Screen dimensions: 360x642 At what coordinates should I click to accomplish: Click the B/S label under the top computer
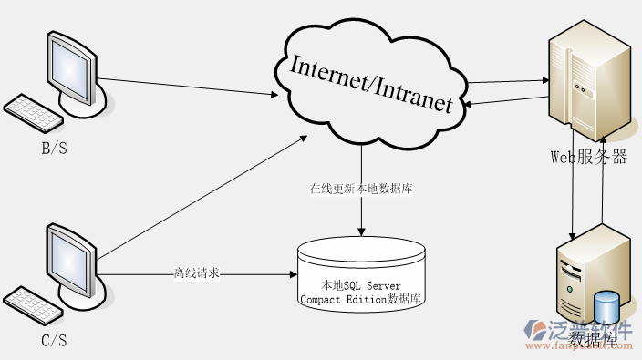coord(55,147)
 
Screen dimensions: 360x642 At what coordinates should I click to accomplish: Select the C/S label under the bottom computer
coord(55,341)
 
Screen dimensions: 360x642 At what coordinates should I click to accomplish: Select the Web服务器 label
coord(588,157)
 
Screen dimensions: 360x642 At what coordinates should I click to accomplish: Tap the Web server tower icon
coord(588,82)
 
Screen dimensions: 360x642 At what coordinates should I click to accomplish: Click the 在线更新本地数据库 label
coord(362,190)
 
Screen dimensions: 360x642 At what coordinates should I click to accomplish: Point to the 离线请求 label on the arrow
coord(196,273)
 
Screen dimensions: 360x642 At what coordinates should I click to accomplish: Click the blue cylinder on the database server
coord(606,308)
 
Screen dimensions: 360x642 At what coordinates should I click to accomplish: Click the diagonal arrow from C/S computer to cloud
coord(201,197)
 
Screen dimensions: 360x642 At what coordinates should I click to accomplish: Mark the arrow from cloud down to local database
coord(362,214)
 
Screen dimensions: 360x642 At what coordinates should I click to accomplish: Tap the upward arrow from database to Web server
coord(602,182)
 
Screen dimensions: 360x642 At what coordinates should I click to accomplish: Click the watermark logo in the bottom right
coord(584,335)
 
